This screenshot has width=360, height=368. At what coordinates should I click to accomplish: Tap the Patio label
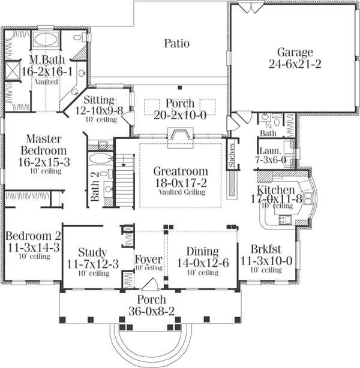click(177, 43)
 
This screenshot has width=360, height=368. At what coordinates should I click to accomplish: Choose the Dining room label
click(202, 252)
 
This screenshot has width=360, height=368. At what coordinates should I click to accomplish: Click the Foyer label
click(146, 259)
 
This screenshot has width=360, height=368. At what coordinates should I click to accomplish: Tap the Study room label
click(92, 252)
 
